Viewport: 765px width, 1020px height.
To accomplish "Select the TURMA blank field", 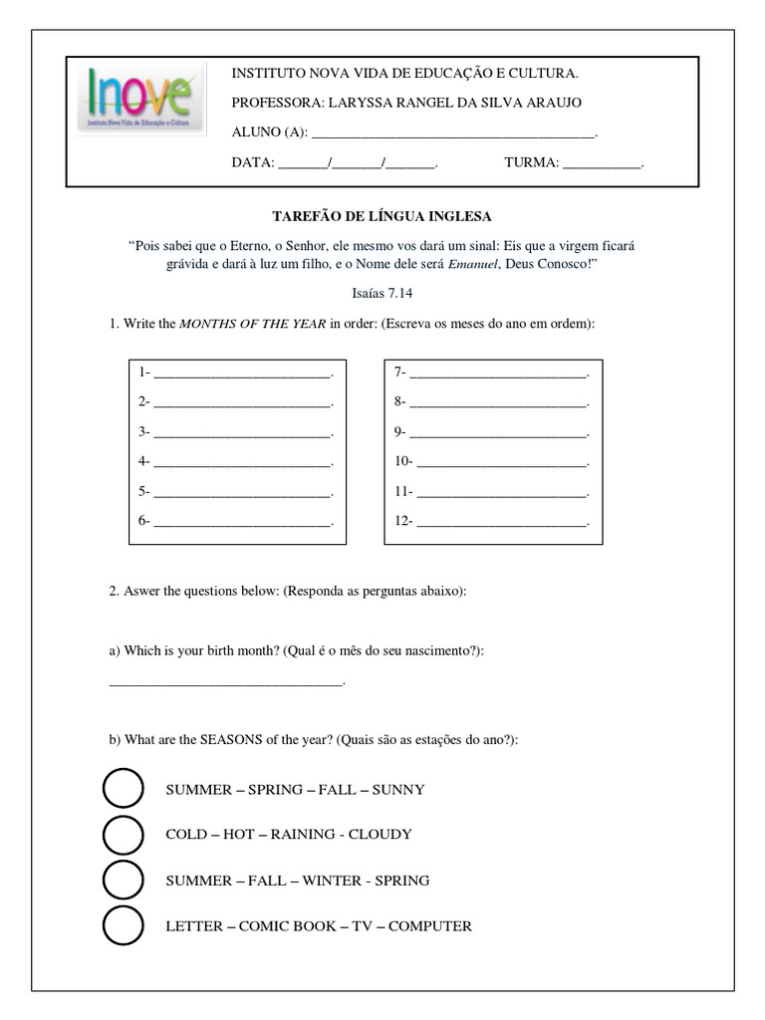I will point(602,164).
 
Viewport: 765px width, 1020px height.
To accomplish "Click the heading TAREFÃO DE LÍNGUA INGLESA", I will point(382,216).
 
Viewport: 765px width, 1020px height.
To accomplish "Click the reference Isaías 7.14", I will point(382,295).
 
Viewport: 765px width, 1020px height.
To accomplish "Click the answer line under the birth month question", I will point(225,683).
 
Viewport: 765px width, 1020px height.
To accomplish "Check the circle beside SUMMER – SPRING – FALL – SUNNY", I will point(124,789).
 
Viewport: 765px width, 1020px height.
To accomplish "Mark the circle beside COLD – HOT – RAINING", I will point(124,835).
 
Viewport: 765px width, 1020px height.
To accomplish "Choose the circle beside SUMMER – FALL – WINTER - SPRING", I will point(124,881).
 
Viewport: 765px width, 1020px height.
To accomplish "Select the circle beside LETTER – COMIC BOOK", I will point(124,926).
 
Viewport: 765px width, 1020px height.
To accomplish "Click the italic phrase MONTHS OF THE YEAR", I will point(252,325).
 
